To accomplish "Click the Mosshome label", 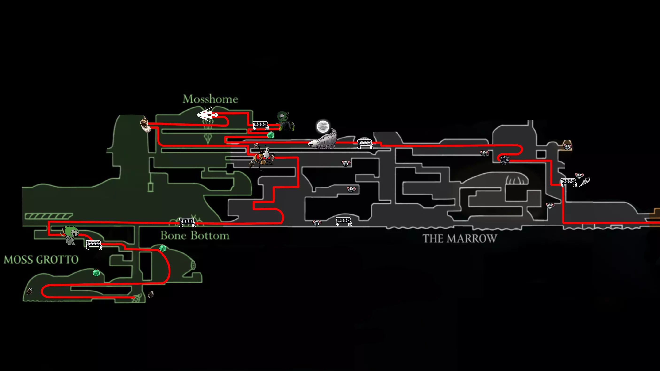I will pyautogui.click(x=210, y=99).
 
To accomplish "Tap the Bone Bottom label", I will pyautogui.click(x=195, y=236).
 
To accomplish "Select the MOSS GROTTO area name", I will pyautogui.click(x=41, y=260).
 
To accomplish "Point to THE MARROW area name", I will pyautogui.click(x=460, y=239).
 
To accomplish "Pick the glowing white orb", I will pyautogui.click(x=323, y=126).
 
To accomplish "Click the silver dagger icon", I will pyautogui.click(x=584, y=182).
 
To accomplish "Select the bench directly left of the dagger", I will pyautogui.click(x=568, y=182).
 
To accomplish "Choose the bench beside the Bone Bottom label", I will pyautogui.click(x=187, y=222).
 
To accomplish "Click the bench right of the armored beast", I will pyautogui.click(x=365, y=144).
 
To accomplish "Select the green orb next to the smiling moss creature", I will pyautogui.click(x=270, y=135).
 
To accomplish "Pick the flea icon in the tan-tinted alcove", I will pyautogui.click(x=567, y=146).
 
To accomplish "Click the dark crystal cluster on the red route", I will pyautogui.click(x=505, y=160).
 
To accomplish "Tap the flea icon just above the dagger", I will pyautogui.click(x=579, y=176).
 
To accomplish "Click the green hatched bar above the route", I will pyautogui.click(x=49, y=216).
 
